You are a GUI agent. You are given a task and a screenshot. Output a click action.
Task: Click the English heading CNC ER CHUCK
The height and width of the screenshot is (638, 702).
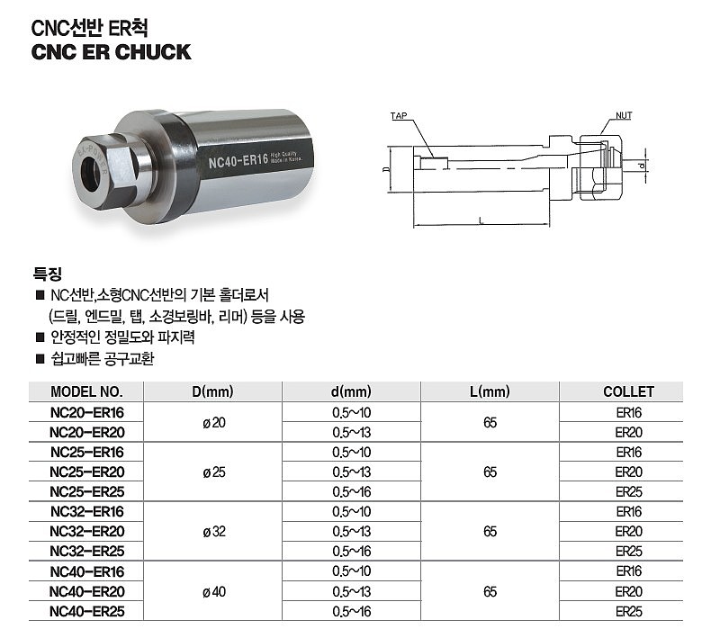click(111, 52)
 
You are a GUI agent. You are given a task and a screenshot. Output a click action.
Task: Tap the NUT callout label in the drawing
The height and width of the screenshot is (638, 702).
click(624, 115)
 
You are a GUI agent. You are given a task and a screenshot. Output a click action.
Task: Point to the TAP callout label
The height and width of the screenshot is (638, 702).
click(399, 115)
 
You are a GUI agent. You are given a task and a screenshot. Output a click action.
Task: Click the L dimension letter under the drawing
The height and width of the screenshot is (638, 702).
click(481, 220)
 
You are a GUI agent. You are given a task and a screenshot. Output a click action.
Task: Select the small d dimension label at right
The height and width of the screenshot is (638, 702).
click(642, 166)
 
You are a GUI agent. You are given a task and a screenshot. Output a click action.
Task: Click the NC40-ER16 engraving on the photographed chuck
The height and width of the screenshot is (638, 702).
click(238, 160)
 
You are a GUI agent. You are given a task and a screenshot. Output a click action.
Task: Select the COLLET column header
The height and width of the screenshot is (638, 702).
click(628, 391)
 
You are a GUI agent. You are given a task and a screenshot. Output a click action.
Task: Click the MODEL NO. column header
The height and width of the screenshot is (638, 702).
click(86, 391)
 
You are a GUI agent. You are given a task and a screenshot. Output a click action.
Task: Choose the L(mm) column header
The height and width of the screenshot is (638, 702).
click(490, 391)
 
